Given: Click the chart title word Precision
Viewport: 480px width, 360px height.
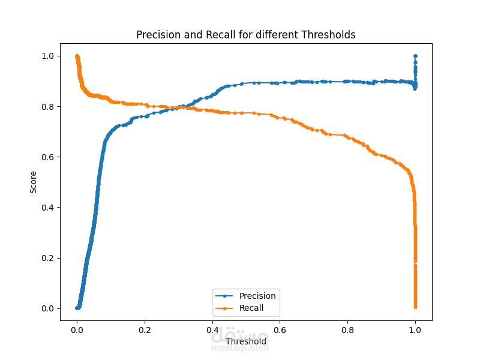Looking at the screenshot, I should click(x=158, y=35).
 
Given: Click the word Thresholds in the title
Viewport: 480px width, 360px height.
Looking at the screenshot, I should click(x=329, y=35).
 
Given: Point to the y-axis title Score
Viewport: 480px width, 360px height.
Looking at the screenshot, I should click(x=34, y=182).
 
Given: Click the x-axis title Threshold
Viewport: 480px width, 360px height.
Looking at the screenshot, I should click(x=246, y=342).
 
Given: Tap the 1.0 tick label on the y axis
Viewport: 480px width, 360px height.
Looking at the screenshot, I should click(x=47, y=56).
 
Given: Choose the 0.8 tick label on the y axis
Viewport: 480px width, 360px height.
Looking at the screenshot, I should click(x=47, y=106).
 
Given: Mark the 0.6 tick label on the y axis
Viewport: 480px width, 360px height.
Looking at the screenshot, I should click(x=47, y=157).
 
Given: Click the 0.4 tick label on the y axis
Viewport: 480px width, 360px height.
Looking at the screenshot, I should click(x=47, y=208).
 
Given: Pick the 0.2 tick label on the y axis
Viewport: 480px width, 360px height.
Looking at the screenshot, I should click(x=47, y=258).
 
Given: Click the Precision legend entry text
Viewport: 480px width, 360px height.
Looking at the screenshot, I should click(x=257, y=296).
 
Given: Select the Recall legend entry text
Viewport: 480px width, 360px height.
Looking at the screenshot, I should click(x=251, y=308).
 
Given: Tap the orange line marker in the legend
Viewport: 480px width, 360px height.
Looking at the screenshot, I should click(x=224, y=308).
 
